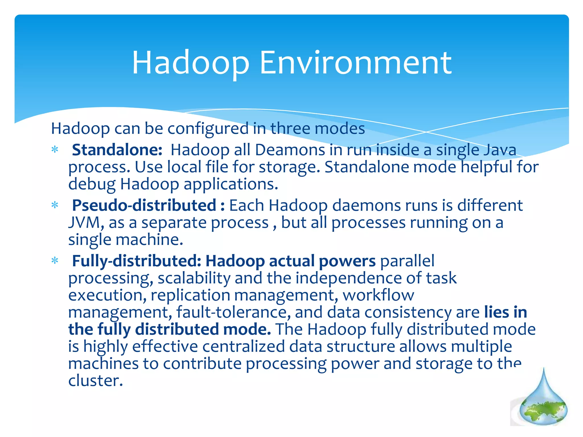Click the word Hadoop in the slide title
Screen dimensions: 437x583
tap(191, 63)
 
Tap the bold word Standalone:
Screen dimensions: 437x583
tap(117, 150)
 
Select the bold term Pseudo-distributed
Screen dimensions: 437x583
tap(144, 205)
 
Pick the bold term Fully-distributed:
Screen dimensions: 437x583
tap(137, 261)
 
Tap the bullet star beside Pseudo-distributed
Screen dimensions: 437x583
tap(55, 205)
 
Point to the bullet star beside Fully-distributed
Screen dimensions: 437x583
tap(55, 260)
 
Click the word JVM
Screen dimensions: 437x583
tap(84, 222)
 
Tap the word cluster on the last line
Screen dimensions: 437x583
tap(95, 381)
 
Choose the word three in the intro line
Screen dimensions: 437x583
tap(290, 128)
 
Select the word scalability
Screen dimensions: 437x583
tap(194, 278)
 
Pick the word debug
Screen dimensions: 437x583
tap(92, 184)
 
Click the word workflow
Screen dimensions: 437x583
tap(378, 295)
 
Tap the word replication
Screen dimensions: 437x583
tap(190, 295)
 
